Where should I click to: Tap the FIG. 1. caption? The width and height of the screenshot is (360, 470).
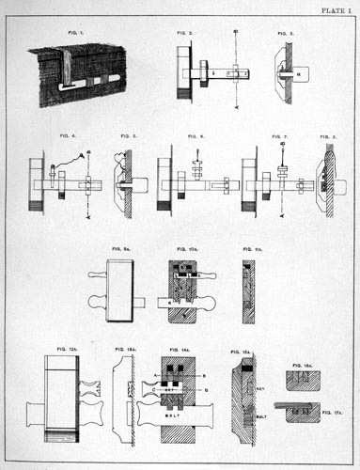point(76,33)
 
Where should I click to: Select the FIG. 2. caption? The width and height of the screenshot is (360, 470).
point(186,33)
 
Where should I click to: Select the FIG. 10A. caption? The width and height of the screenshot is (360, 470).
point(185,249)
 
